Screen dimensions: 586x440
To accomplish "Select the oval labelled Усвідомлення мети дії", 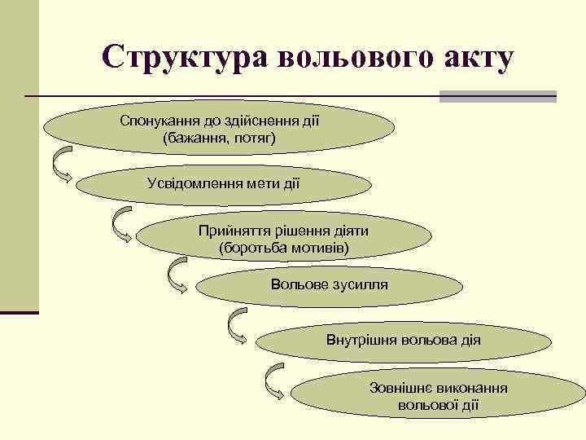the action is pos(224,183).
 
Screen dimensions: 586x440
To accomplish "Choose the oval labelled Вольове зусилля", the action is pos(329,284).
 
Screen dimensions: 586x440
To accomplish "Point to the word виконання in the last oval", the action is pos(473,388).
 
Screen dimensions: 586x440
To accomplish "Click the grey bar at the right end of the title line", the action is pos(497,96).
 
